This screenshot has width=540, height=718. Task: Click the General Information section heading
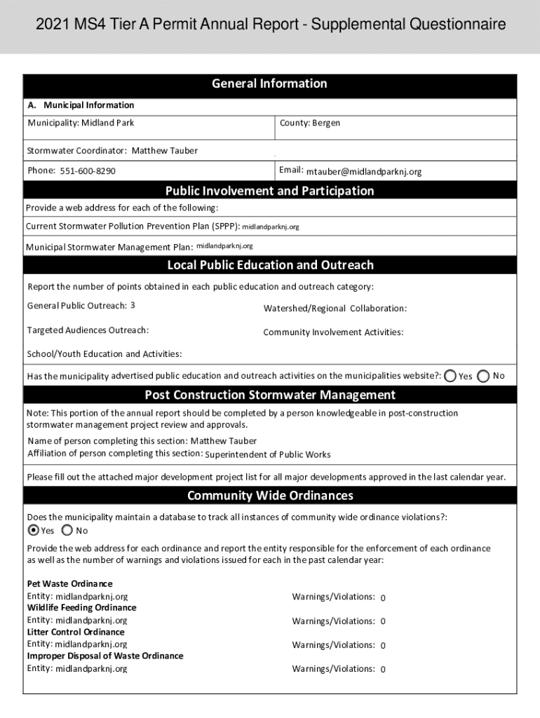269,84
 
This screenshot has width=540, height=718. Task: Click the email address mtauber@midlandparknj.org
363,172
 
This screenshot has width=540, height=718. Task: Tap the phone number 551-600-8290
88,171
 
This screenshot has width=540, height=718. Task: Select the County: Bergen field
309,123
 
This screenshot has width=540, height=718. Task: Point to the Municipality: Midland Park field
81,123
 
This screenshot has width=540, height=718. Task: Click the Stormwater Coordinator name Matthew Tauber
165,151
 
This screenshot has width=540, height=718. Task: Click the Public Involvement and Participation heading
269,191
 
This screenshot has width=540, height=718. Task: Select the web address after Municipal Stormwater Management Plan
224,246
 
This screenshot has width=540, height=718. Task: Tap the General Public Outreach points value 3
133,306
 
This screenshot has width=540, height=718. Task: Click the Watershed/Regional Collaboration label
335,309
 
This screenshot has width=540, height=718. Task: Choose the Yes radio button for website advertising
450,376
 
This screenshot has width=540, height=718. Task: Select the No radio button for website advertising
483,376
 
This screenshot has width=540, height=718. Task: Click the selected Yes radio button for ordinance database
33,530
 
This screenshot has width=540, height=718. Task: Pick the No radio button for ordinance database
67,530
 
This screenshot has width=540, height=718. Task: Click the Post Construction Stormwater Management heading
269,395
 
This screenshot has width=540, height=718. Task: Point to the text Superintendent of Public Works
267,454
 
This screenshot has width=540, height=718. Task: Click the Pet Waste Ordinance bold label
69,584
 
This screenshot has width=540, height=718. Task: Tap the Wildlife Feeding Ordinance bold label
81,608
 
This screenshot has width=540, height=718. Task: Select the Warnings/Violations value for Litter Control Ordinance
383,646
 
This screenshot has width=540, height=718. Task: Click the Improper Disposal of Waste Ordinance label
105,656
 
